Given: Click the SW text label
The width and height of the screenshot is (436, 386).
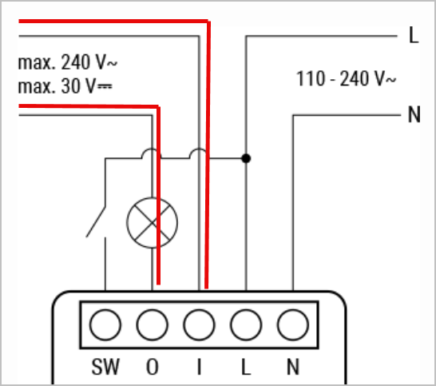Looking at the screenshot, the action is [105, 367].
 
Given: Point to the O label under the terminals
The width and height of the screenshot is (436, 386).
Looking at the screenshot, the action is [153, 367].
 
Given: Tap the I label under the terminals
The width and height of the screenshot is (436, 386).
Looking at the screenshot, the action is [199, 367].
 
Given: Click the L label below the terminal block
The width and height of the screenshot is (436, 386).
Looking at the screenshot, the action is [246, 367].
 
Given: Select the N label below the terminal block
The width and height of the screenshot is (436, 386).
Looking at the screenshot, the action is [293, 367].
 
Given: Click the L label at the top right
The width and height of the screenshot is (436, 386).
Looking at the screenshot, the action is [414, 35].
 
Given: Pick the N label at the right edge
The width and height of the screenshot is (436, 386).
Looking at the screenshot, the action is [414, 114].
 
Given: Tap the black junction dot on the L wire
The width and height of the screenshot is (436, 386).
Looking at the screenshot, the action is [246, 158].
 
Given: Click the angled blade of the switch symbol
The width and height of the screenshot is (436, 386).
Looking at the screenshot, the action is [96, 222].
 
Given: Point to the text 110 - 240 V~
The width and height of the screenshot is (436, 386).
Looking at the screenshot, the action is [346, 78].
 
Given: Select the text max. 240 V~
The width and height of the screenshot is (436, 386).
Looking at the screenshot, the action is [68, 62].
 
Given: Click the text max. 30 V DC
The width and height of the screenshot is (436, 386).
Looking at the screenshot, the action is [65, 86].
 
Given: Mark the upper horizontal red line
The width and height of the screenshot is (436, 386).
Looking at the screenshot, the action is [113, 21].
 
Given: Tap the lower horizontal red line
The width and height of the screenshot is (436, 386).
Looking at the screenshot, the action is [89, 106].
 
